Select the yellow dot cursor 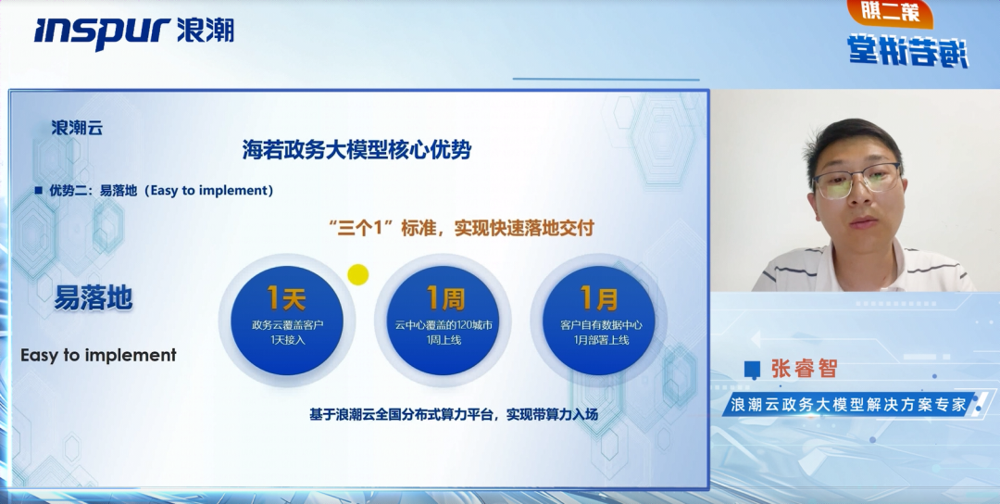[x=357, y=274]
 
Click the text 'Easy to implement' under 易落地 [x=98, y=355]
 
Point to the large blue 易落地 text [x=93, y=297]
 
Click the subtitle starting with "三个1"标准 [x=460, y=228]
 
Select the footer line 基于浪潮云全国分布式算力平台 [x=454, y=414]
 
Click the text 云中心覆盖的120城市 [x=444, y=325]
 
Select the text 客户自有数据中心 [x=600, y=325]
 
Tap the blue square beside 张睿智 [x=753, y=370]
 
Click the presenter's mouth [x=862, y=222]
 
